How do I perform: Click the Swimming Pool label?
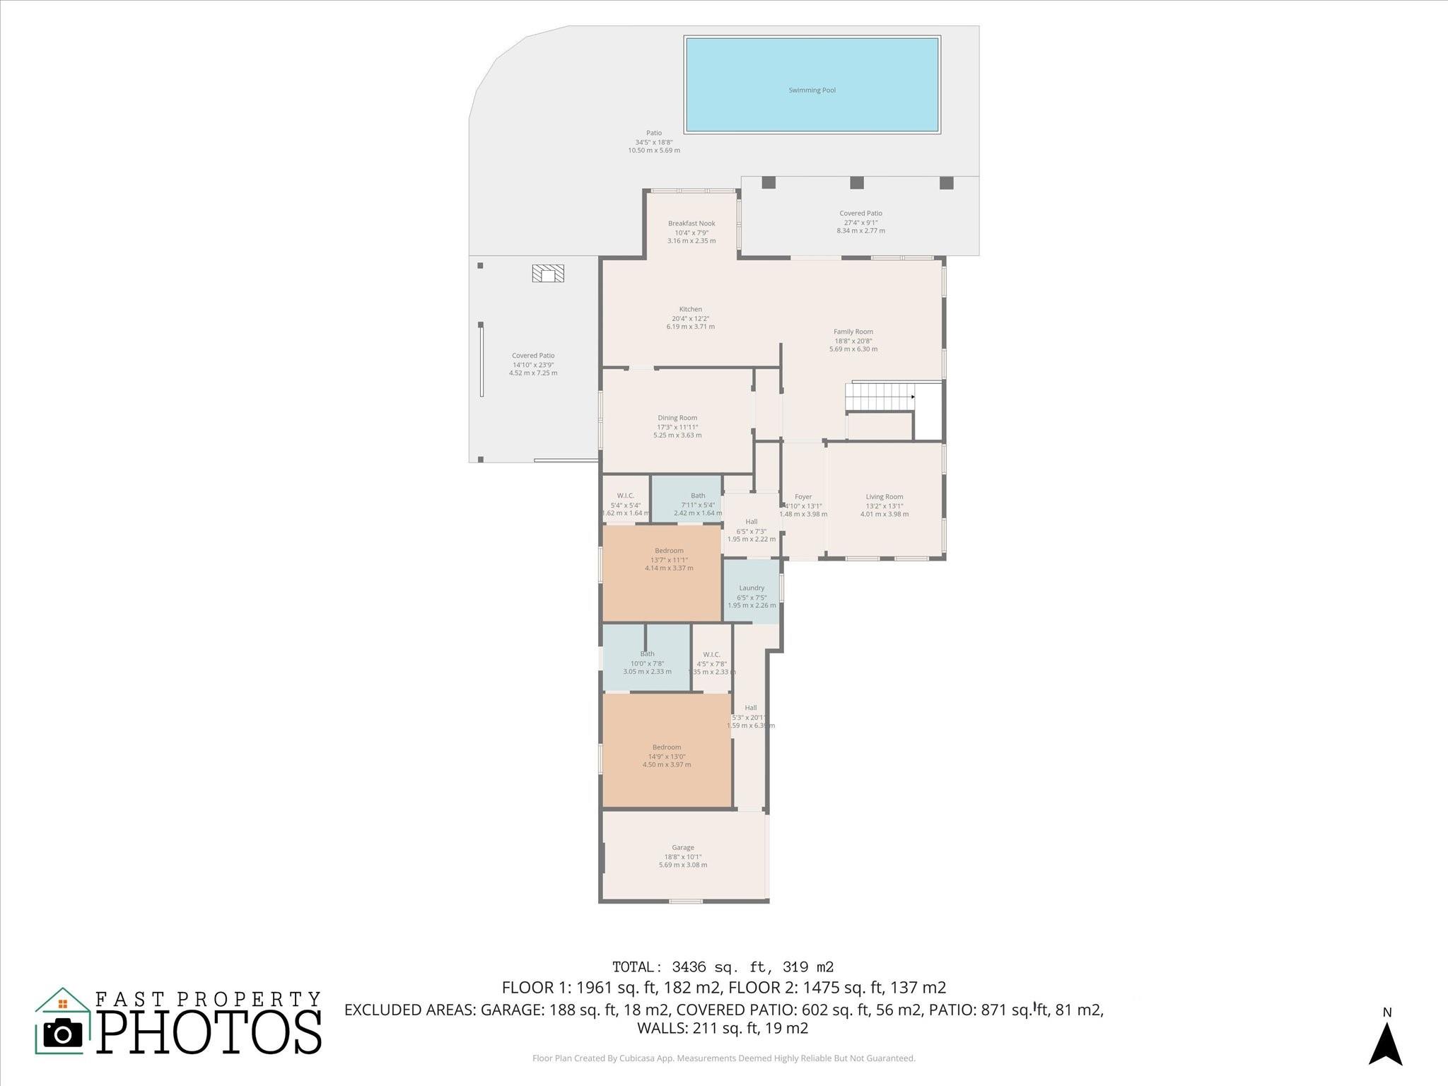pyautogui.click(x=812, y=90)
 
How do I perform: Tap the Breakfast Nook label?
pyautogui.click(x=691, y=224)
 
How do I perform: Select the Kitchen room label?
pyautogui.click(x=690, y=310)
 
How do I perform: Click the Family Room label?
pyautogui.click(x=853, y=332)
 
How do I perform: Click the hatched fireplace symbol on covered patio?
pyautogui.click(x=548, y=274)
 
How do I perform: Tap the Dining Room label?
pyautogui.click(x=677, y=418)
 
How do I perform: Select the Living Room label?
pyautogui.click(x=884, y=497)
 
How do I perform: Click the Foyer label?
pyautogui.click(x=803, y=497)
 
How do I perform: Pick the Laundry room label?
pyautogui.click(x=752, y=588)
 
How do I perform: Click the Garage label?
pyautogui.click(x=683, y=848)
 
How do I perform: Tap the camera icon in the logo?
pyautogui.click(x=63, y=1034)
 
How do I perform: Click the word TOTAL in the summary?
pyautogui.click(x=636, y=967)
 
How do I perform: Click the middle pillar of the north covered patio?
pyautogui.click(x=856, y=182)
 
